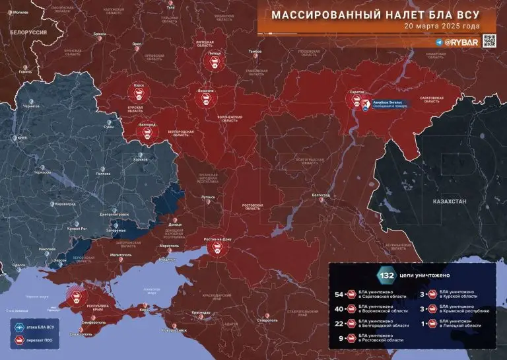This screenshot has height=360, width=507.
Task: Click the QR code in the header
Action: coord(489,40)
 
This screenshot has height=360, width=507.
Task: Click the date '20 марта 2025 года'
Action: coord(442,26)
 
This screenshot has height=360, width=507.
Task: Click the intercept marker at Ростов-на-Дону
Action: coord(215,249)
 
